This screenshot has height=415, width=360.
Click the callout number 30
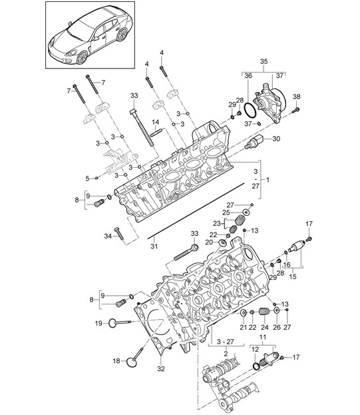click(x=276, y=139)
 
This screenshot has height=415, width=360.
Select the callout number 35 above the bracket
click(x=264, y=62)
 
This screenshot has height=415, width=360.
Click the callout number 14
click(x=156, y=122)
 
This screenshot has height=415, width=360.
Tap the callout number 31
click(x=154, y=246)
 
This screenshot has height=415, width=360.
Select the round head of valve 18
click(x=132, y=362)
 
